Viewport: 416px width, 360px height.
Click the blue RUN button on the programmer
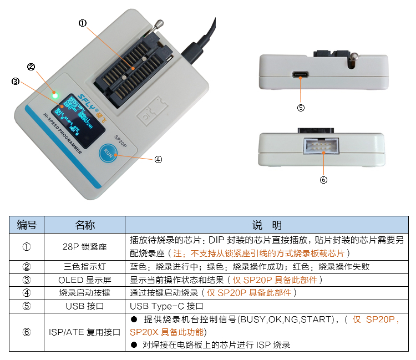tap(108, 154)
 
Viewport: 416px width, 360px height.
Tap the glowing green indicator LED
tap(55, 95)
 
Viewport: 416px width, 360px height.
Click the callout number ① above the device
tap(83, 23)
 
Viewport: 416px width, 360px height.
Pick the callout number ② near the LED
tap(31, 67)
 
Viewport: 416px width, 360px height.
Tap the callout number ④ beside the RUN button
tap(158, 159)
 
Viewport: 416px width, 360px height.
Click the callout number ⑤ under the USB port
tap(301, 108)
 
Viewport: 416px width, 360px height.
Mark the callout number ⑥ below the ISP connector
tap(324, 180)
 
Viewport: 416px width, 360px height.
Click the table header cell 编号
tap(27, 225)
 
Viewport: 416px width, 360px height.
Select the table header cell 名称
tap(85, 225)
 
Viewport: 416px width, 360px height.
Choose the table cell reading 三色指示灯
tap(85, 266)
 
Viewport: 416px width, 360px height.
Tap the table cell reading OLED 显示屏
tap(85, 280)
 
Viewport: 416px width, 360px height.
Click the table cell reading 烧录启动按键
tap(85, 293)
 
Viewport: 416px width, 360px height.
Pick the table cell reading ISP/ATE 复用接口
tap(85, 332)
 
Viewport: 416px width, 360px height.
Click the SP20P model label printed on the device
tap(120, 141)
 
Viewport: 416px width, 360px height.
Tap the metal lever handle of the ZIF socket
tap(159, 25)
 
